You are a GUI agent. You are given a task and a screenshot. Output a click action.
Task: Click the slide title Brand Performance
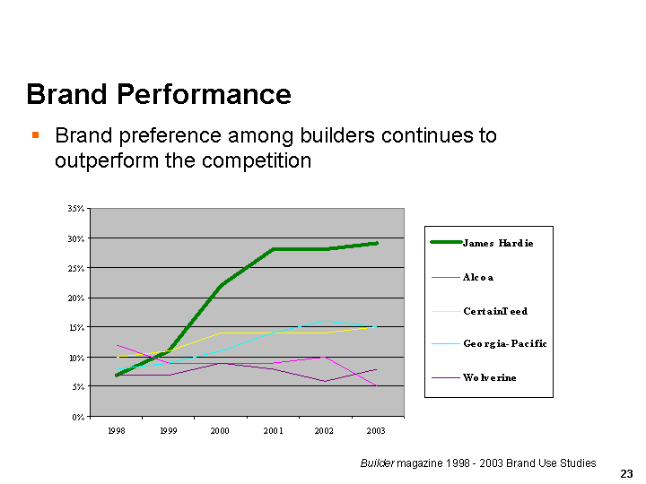pyautogui.click(x=159, y=95)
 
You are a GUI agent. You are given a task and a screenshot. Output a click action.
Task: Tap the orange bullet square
pyautogui.click(x=35, y=135)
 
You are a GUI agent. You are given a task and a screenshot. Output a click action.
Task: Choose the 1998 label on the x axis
pyautogui.click(x=116, y=431)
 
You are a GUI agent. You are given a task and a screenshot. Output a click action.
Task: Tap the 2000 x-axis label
pyautogui.click(x=220, y=431)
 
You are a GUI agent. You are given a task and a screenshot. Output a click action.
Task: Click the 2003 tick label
pyautogui.click(x=376, y=431)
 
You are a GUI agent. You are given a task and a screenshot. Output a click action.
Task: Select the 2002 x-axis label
pyautogui.click(x=324, y=431)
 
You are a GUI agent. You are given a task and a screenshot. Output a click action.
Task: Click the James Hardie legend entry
pyautogui.click(x=498, y=243)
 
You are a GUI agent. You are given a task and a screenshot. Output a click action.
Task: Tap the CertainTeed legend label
pyautogui.click(x=495, y=311)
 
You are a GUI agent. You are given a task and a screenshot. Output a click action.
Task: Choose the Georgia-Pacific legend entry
pyautogui.click(x=505, y=344)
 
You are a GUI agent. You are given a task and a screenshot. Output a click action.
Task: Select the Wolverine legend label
pyautogui.click(x=490, y=377)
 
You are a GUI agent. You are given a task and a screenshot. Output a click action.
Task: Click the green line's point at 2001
pyautogui.click(x=273, y=249)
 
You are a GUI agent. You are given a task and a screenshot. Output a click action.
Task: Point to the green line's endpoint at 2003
pyautogui.click(x=376, y=243)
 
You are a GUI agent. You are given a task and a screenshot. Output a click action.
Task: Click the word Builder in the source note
pyautogui.click(x=376, y=463)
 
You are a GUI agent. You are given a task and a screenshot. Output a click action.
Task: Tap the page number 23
pyautogui.click(x=626, y=473)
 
